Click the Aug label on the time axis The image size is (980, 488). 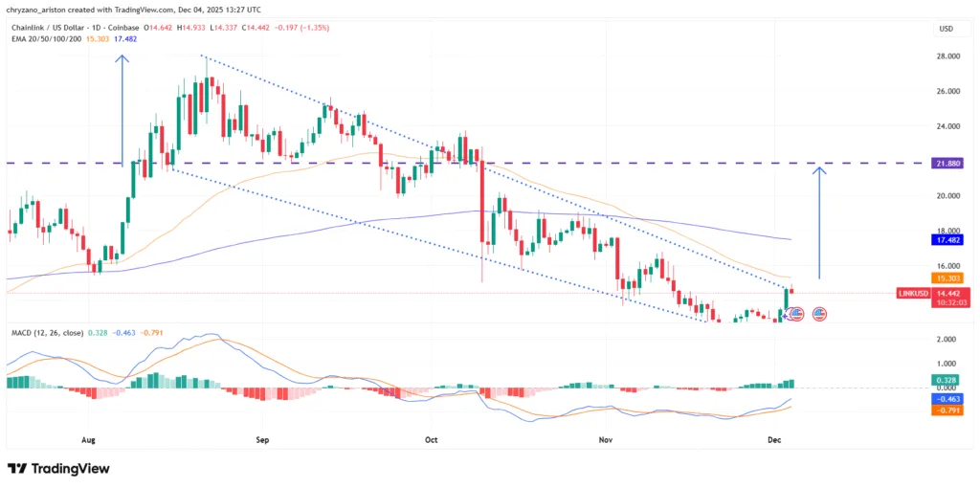click(90, 440)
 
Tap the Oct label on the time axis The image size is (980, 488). click(431, 440)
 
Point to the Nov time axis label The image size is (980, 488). click(605, 440)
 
